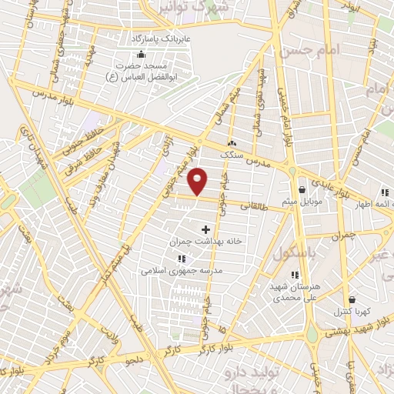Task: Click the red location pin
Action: pos(198,182)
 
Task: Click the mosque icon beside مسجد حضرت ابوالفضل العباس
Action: pos(140,55)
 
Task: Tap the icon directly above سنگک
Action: pos(232,143)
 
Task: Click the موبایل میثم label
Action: pos(299,201)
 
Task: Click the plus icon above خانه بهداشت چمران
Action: pos(205,229)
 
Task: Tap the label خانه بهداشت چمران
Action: pos(205,241)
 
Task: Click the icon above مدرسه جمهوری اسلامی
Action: pos(181,259)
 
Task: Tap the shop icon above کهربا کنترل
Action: pos(352,300)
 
